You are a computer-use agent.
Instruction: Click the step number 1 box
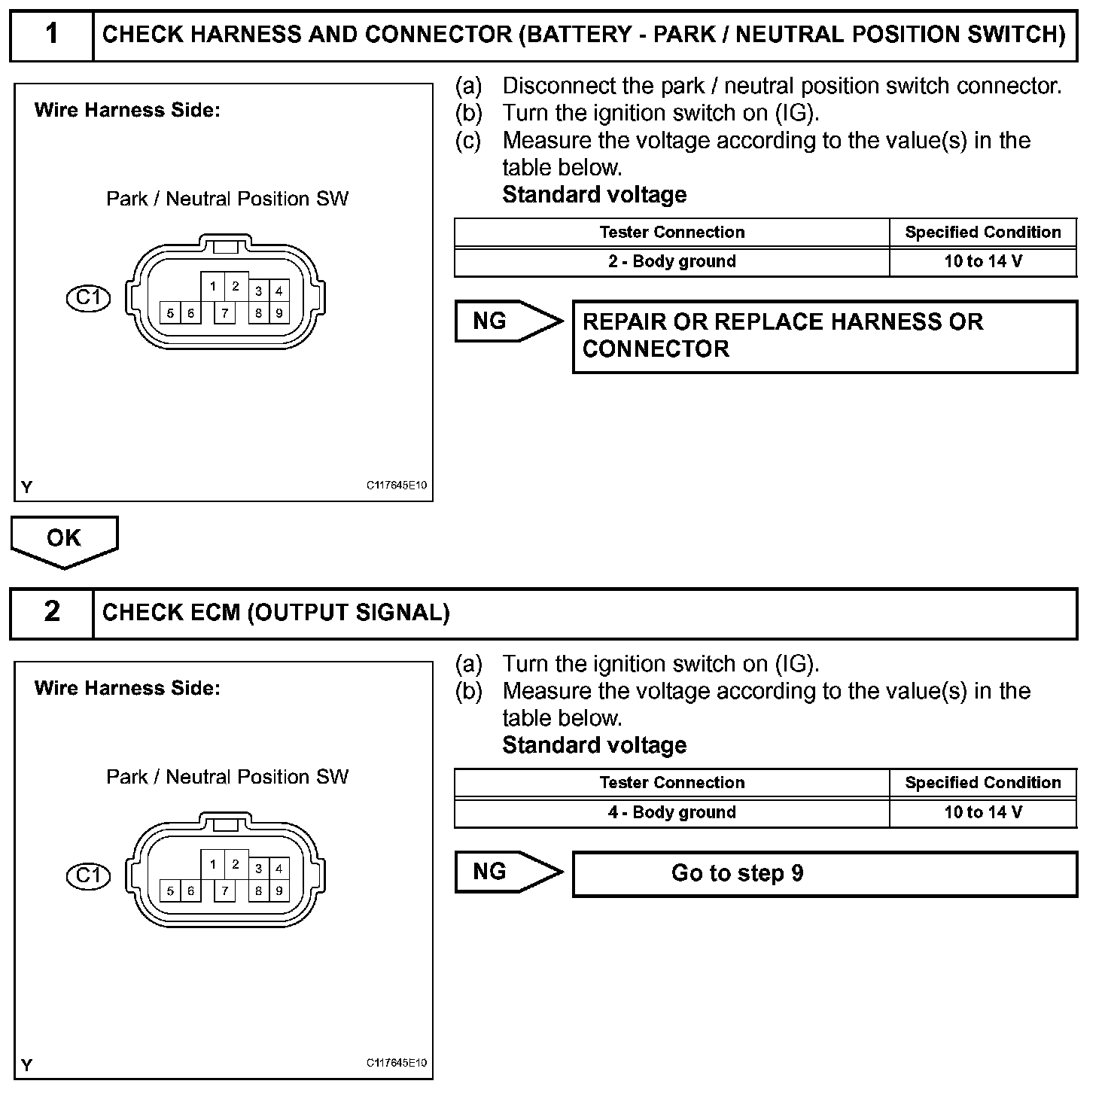click(x=51, y=35)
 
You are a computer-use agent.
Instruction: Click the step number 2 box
click(x=51, y=612)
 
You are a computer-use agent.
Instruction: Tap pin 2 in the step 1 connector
click(x=236, y=286)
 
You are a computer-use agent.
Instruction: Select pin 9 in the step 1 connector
click(x=279, y=312)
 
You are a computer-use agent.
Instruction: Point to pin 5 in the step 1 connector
click(x=170, y=312)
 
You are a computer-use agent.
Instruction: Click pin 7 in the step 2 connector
click(x=224, y=890)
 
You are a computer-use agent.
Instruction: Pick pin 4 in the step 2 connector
click(x=279, y=868)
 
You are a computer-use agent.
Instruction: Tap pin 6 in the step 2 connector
click(x=191, y=890)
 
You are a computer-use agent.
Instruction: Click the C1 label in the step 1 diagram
click(x=88, y=298)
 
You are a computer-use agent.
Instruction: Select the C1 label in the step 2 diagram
click(x=88, y=875)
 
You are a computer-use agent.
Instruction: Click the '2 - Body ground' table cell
click(x=671, y=262)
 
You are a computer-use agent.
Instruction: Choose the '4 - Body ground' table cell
click(x=671, y=812)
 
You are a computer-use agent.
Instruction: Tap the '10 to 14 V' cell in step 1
click(x=982, y=262)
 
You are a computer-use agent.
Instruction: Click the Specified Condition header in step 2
click(x=982, y=783)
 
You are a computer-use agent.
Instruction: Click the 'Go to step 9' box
click(x=824, y=873)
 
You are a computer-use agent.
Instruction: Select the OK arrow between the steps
click(x=64, y=540)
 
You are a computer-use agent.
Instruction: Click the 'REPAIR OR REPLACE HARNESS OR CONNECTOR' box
click(x=824, y=336)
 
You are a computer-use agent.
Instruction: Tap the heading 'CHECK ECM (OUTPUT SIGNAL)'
click(x=276, y=613)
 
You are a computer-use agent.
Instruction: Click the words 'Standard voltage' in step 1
click(x=594, y=195)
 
